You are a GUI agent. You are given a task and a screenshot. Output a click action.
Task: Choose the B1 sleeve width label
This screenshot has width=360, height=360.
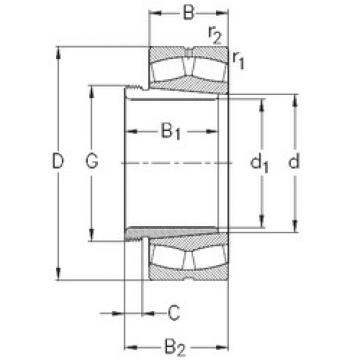click(172, 129)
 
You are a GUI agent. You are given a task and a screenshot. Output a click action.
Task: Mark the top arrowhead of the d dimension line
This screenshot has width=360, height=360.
click(296, 98)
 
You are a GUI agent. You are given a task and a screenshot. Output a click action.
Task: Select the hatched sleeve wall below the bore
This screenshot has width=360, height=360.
click(170, 232)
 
